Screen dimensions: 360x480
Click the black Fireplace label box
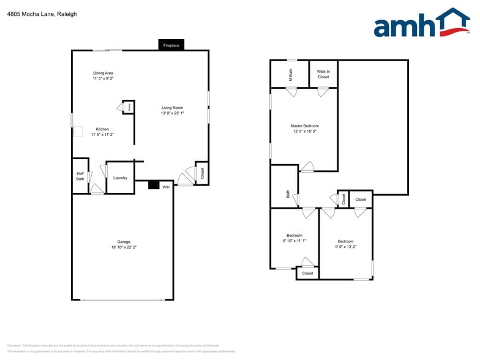coord(171,45)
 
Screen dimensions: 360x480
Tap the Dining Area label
coord(103,73)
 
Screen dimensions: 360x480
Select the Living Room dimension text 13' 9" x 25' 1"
coord(173,113)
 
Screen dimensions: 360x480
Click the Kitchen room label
coord(103,129)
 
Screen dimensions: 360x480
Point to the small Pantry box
coord(129,107)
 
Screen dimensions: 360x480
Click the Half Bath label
coord(80,176)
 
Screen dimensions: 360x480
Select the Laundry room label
coord(121,178)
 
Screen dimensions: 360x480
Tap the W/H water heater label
coord(166,187)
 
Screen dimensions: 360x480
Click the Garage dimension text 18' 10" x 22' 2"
coord(124,247)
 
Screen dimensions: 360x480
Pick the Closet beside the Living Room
coord(202,174)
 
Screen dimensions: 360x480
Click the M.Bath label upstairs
coord(290,75)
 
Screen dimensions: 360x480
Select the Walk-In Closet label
coord(323,74)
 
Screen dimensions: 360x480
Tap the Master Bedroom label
coord(304,126)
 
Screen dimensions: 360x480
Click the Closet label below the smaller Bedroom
coord(307,273)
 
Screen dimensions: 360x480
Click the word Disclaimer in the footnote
coord(14,345)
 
